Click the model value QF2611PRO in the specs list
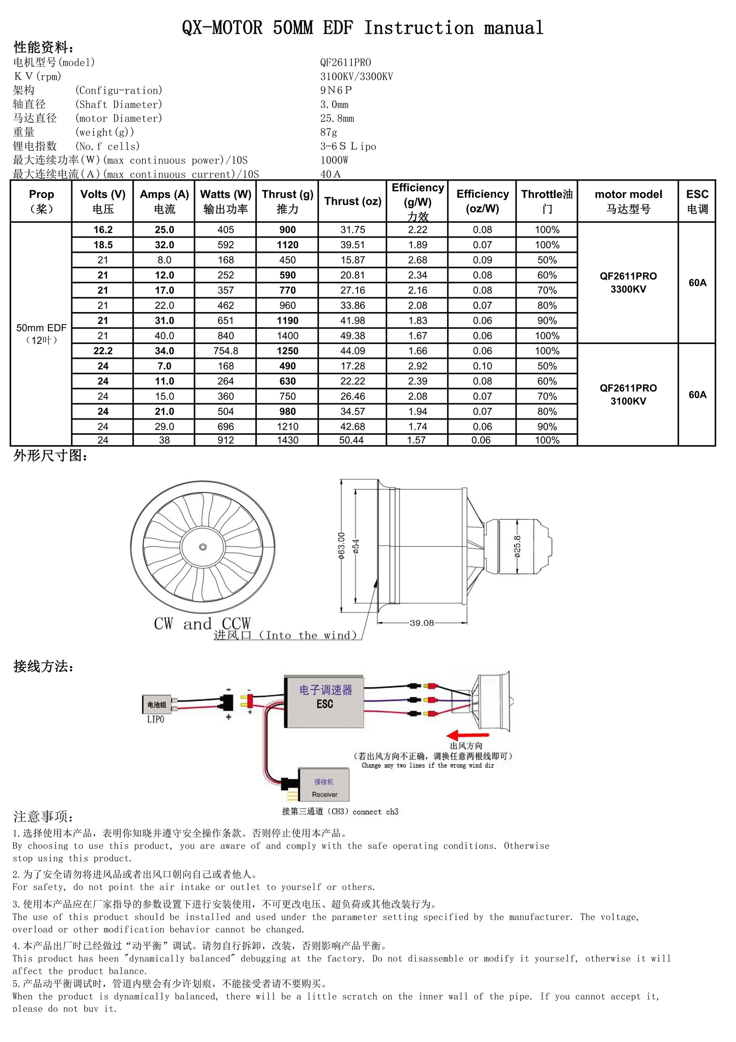(345, 62)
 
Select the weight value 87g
(329, 132)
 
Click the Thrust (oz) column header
(352, 201)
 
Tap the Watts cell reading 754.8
(226, 351)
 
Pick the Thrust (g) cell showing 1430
(287, 440)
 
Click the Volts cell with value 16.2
(103, 230)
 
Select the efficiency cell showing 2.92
(417, 366)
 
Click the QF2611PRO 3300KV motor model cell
(628, 282)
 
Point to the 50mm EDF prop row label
(41, 333)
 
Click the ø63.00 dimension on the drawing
(341, 545)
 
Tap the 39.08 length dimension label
(422, 622)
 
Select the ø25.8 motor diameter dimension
(517, 546)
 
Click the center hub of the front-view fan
(203, 547)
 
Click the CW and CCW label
(202, 623)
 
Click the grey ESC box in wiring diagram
(324, 702)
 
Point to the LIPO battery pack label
(156, 719)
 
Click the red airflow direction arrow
(467, 735)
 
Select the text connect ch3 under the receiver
(375, 812)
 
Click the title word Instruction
(419, 28)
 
